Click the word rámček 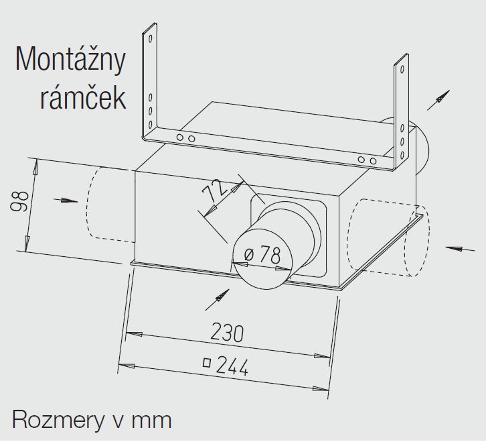pyautogui.click(x=83, y=97)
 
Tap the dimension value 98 pyautogui.click(x=19, y=202)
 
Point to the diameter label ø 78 pyautogui.click(x=262, y=255)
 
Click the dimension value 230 pyautogui.click(x=227, y=332)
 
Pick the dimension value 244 pyautogui.click(x=232, y=366)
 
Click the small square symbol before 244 pyautogui.click(x=207, y=362)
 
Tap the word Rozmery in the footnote pyautogui.click(x=58, y=420)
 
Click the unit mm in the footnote pyautogui.click(x=151, y=421)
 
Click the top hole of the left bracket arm pyautogui.click(x=151, y=38)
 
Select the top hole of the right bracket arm pyautogui.click(x=402, y=68)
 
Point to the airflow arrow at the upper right pyautogui.click(x=438, y=100)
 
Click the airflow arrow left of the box pyautogui.click(x=66, y=201)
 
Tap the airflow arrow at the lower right pyautogui.click(x=460, y=248)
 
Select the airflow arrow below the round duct pyautogui.click(x=218, y=300)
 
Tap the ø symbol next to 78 pyautogui.click(x=249, y=255)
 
